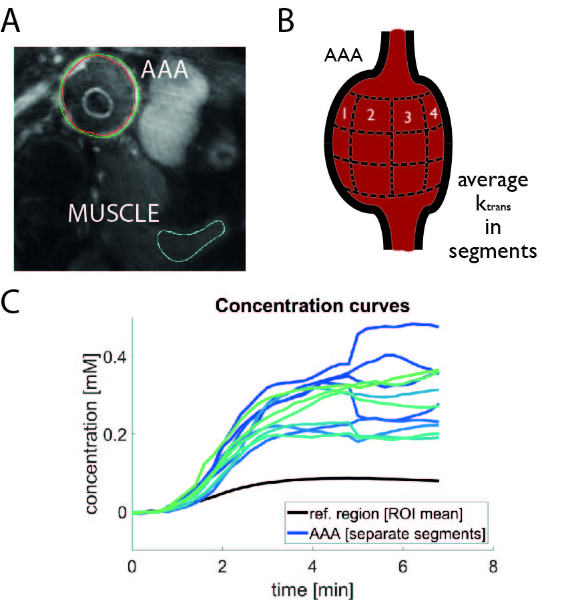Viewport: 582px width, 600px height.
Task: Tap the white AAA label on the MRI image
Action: pyautogui.click(x=164, y=68)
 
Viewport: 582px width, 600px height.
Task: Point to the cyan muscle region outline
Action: pyautogui.click(x=191, y=241)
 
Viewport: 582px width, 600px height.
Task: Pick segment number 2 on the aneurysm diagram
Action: pyautogui.click(x=371, y=115)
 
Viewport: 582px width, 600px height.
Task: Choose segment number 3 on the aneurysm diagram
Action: pyautogui.click(x=406, y=118)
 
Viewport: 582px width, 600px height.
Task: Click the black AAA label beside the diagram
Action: pyautogui.click(x=344, y=58)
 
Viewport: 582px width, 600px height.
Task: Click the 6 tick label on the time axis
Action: pyautogui.click(x=402, y=567)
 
